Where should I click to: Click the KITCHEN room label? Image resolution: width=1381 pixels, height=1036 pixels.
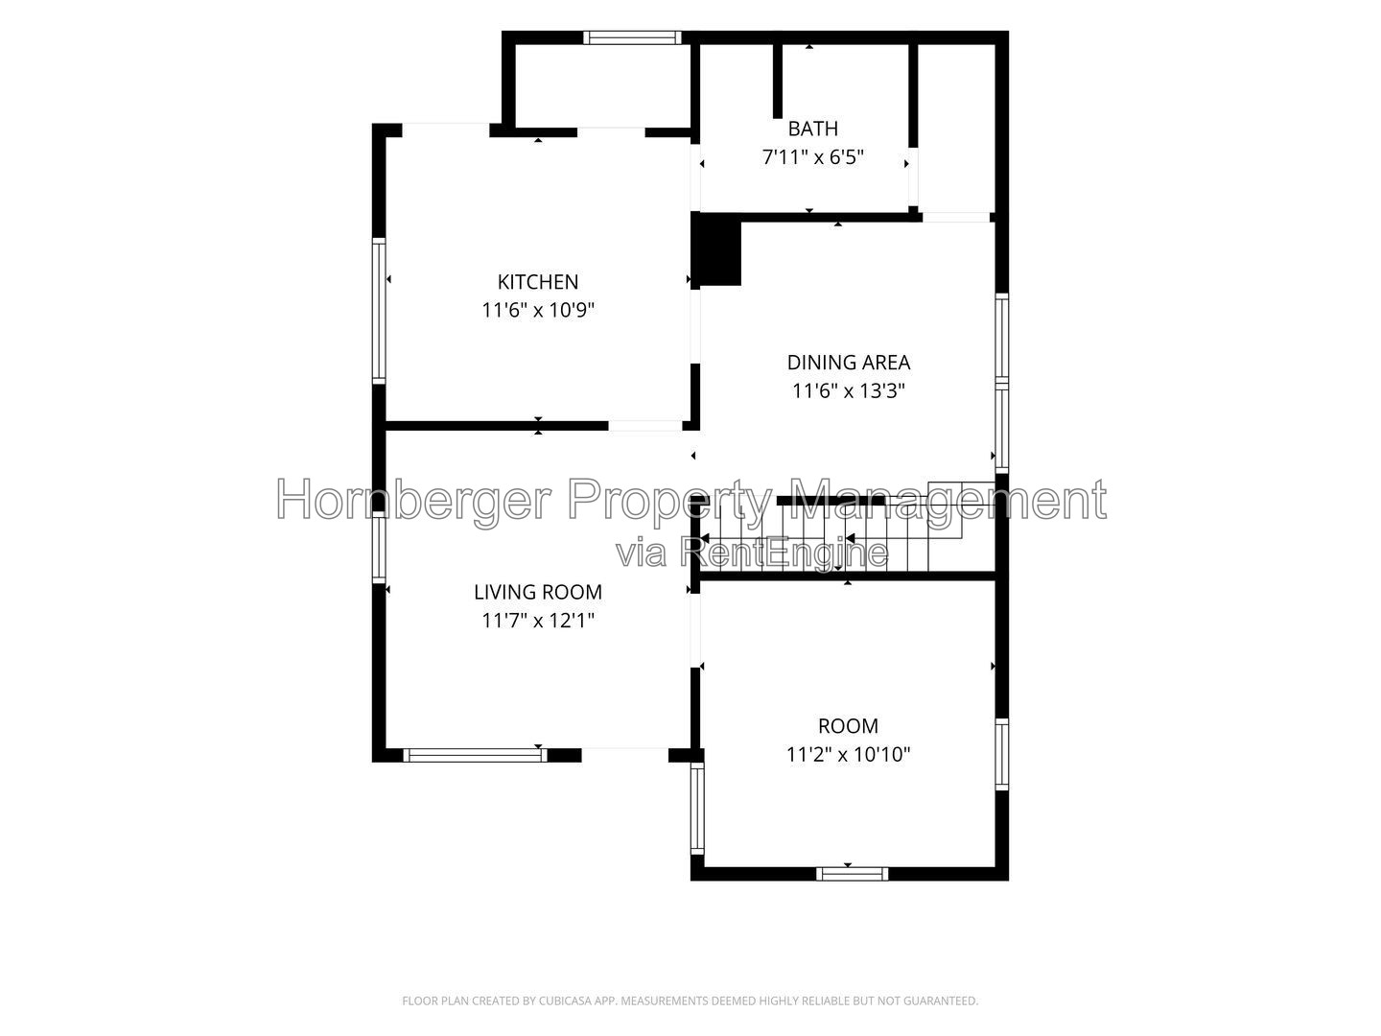click(538, 282)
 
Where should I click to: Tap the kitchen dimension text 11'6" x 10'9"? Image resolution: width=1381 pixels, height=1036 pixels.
click(538, 310)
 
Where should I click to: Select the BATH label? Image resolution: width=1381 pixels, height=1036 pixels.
click(813, 129)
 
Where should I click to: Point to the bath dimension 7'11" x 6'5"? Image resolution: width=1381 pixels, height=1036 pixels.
click(813, 156)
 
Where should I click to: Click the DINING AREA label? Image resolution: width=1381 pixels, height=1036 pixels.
click(848, 363)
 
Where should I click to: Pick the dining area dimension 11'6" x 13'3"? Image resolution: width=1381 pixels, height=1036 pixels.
click(848, 391)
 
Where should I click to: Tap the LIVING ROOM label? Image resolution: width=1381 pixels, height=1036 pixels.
click(538, 593)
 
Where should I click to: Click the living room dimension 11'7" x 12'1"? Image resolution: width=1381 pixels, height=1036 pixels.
click(538, 621)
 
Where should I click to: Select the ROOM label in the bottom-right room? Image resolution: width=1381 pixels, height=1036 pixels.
click(848, 726)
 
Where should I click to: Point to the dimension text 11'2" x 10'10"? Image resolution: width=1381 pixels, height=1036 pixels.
click(848, 754)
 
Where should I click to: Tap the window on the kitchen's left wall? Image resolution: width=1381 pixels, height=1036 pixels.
click(379, 311)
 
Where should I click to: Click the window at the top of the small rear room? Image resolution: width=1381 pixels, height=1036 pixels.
click(632, 37)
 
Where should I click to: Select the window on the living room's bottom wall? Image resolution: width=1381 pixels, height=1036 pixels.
click(475, 755)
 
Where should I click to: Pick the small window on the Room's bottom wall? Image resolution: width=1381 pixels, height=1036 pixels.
click(852, 874)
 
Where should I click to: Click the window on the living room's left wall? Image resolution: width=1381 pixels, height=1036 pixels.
click(379, 548)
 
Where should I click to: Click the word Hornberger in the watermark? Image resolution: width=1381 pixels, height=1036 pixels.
click(414, 500)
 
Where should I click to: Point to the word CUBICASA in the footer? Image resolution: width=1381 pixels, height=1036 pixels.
click(564, 1001)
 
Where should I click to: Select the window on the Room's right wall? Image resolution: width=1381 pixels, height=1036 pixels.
click(1001, 754)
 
